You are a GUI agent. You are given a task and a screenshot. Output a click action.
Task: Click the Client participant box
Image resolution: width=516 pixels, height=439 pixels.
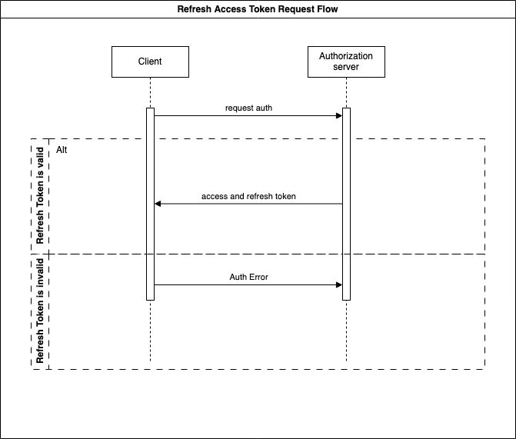pyautogui.click(x=150, y=62)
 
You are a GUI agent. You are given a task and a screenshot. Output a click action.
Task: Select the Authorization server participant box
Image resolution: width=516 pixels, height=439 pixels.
pyautogui.click(x=346, y=62)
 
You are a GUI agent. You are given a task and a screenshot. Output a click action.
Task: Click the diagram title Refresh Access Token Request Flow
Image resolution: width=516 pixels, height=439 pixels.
pyautogui.click(x=258, y=9)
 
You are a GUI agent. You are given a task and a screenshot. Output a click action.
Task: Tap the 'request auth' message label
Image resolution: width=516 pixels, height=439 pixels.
pyautogui.click(x=248, y=108)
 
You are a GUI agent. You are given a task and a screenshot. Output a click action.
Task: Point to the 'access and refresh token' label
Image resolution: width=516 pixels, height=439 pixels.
pyautogui.click(x=248, y=197)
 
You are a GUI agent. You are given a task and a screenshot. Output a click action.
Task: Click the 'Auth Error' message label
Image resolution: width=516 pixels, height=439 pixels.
pyautogui.click(x=249, y=277)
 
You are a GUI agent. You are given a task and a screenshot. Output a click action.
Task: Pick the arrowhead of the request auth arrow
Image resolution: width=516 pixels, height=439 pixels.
pyautogui.click(x=339, y=116)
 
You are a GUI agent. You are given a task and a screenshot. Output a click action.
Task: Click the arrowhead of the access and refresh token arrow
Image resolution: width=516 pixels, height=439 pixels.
pyautogui.click(x=158, y=204)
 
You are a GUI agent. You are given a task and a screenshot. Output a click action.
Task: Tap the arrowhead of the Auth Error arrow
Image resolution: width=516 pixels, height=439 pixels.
pyautogui.click(x=339, y=285)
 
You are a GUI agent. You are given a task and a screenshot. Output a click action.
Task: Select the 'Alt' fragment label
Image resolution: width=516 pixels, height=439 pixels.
pyautogui.click(x=62, y=150)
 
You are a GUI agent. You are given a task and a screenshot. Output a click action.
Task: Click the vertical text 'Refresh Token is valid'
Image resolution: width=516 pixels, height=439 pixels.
pyautogui.click(x=40, y=195)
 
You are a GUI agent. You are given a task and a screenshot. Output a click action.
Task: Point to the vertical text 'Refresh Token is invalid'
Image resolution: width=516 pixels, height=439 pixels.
pyautogui.click(x=40, y=311)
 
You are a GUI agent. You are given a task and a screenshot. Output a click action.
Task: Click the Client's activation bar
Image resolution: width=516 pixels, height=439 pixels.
pyautogui.click(x=150, y=204)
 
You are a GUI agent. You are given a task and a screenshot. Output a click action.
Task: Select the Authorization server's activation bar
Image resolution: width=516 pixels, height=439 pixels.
pyautogui.click(x=346, y=204)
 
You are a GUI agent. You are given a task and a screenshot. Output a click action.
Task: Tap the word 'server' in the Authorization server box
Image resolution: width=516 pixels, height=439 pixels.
pyautogui.click(x=346, y=67)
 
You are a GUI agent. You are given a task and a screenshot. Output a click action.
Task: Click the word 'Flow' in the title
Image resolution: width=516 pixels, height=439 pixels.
pyautogui.click(x=328, y=9)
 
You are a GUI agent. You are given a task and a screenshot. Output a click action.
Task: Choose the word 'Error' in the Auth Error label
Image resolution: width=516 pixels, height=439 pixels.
pyautogui.click(x=258, y=277)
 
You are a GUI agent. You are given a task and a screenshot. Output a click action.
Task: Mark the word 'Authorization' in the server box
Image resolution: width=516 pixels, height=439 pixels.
pyautogui.click(x=346, y=56)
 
